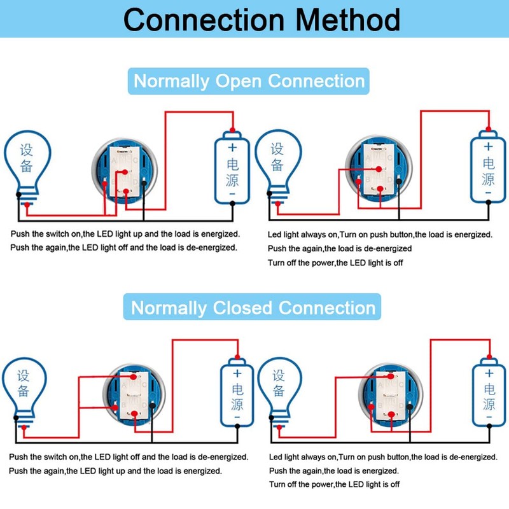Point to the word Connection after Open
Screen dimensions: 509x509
tap(316, 81)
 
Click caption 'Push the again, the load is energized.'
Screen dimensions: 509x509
tap(334, 471)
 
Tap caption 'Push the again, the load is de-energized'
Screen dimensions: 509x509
tap(340, 248)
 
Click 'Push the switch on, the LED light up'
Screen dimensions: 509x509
tap(125, 234)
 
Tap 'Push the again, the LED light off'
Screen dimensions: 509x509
tap(124, 248)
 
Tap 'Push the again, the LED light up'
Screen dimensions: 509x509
tap(115, 471)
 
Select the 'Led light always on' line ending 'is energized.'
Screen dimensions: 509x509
tap(380, 235)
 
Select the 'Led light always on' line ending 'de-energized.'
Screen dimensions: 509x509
tap(383, 457)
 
